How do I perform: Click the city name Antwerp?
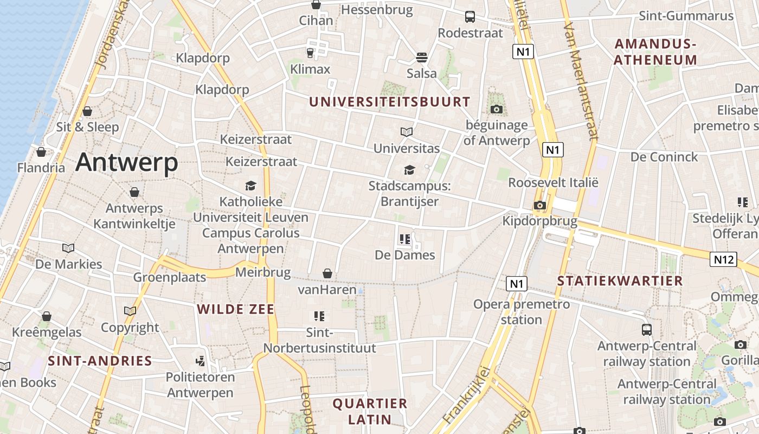pos(127,162)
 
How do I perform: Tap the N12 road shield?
pos(724,259)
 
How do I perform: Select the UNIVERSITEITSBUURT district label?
pos(389,102)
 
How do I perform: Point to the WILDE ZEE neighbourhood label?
pos(235,309)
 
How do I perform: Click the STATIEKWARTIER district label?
pos(620,281)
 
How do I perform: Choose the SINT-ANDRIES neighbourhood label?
pos(100,361)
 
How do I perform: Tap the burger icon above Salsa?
pos(422,57)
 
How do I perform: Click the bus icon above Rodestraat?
pos(470,17)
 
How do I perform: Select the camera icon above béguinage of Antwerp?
pos(496,109)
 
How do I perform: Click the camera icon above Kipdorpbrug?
pos(539,205)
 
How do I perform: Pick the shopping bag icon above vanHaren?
pos(327,273)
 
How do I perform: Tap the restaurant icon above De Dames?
pos(404,239)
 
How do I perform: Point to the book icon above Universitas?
pos(407,132)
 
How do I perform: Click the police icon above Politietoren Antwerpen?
pos(200,361)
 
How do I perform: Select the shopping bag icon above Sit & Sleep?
pos(87,111)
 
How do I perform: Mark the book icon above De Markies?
pos(68,248)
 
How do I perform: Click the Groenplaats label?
pos(170,277)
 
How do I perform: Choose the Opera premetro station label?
pos(522,311)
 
